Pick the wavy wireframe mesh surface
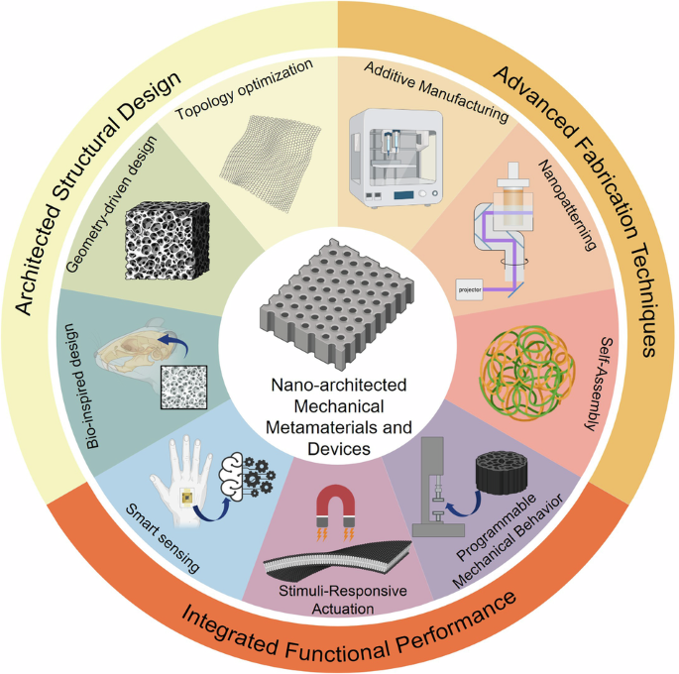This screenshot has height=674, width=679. tap(268, 159)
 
